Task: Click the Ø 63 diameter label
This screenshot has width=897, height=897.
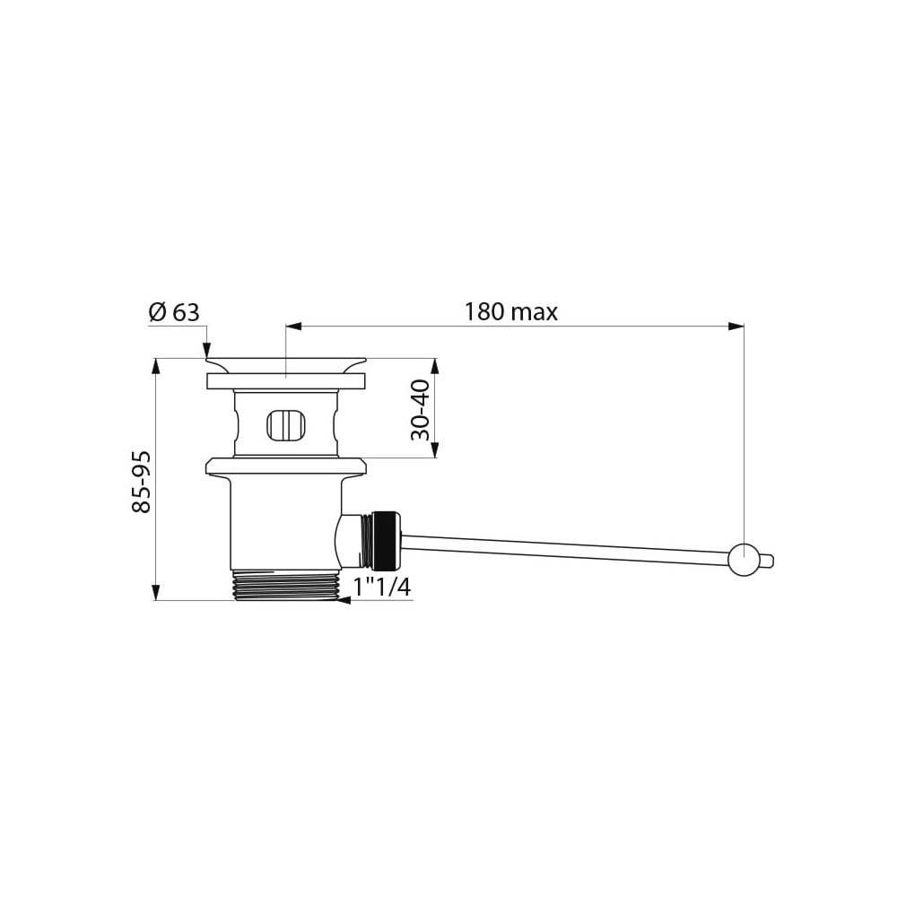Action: [174, 313]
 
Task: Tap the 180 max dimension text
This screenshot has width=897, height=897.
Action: [510, 312]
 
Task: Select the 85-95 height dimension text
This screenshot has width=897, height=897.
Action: [141, 482]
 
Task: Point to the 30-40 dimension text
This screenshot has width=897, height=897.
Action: [421, 410]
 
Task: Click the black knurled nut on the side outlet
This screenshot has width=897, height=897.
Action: [388, 539]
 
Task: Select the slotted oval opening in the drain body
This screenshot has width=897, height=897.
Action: [287, 426]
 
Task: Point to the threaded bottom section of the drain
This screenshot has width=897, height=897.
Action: [287, 585]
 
